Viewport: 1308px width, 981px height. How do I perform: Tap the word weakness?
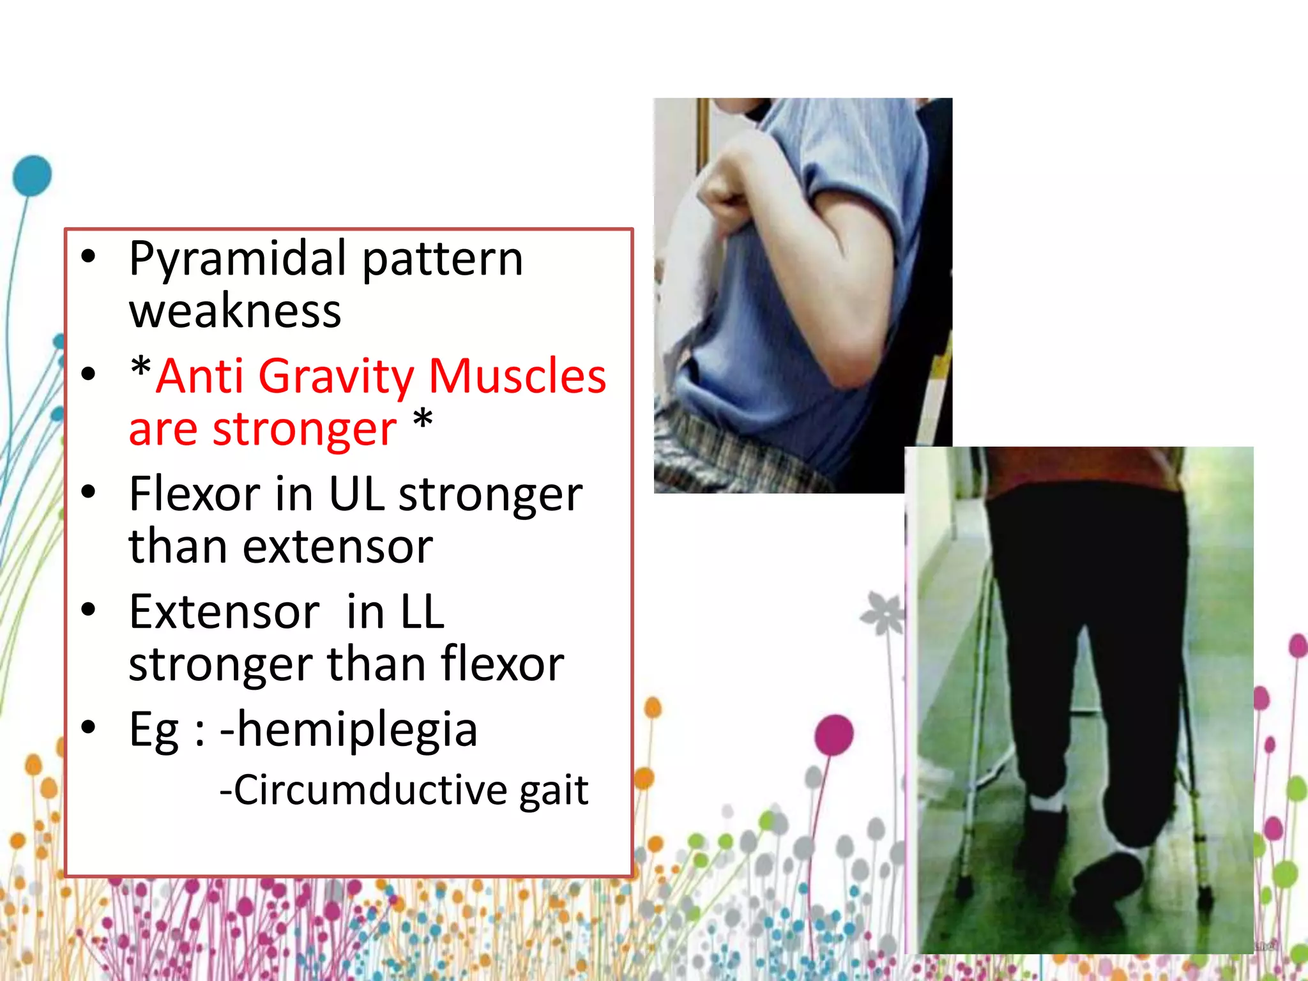pyautogui.click(x=234, y=312)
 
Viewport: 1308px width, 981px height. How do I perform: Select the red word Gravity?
pyautogui.click(x=336, y=376)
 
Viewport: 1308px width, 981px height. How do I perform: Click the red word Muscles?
pyautogui.click(x=517, y=376)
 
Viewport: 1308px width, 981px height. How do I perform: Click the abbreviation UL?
pyautogui.click(x=356, y=494)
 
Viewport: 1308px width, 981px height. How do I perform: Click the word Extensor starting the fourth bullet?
pyautogui.click(x=224, y=612)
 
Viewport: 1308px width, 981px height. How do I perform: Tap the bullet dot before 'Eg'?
pyautogui.click(x=88, y=727)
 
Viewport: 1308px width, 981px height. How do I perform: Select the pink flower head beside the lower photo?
pyautogui.click(x=834, y=734)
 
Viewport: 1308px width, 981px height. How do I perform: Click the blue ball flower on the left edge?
pyautogui.click(x=32, y=175)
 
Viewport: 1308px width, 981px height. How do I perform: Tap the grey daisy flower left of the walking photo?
pyautogui.click(x=883, y=613)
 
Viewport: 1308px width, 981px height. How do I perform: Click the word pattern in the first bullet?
pyautogui.click(x=442, y=259)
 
